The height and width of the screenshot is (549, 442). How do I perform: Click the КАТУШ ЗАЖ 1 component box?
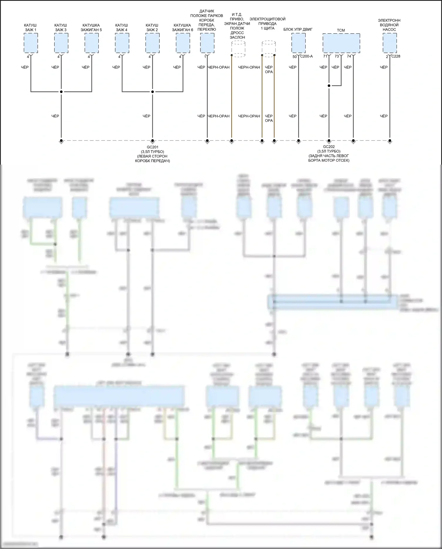pos(31,43)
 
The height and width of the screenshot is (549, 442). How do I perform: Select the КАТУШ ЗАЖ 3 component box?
pos(61,43)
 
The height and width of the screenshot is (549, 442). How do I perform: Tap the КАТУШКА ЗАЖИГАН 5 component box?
pos(92,43)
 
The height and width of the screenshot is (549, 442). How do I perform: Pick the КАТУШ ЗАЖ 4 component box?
pos(122,43)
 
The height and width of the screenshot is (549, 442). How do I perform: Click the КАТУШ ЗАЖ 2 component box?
pos(152,43)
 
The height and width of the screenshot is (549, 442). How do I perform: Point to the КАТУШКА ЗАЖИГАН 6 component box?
pos(183,43)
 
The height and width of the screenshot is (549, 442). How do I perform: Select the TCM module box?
pos(341,43)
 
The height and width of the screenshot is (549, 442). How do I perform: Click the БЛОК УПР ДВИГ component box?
pos(298,43)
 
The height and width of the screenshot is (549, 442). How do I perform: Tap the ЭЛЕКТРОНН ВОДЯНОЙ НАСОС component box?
pos(390,43)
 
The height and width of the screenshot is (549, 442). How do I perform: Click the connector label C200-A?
pos(306,56)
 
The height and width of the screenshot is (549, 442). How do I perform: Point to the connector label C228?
pos(396,56)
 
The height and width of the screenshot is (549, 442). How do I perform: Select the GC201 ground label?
pos(152,147)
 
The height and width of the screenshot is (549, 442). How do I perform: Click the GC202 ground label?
pos(329,147)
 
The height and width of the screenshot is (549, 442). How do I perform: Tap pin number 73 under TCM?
pos(337,56)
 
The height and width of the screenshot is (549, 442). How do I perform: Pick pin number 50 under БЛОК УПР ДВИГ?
pos(295,57)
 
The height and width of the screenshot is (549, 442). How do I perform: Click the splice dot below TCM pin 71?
pos(329,86)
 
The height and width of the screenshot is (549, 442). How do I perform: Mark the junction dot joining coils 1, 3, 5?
pos(61,92)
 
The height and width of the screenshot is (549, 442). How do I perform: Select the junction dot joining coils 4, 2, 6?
pos(152,92)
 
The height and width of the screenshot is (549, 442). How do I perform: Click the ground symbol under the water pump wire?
pos(390,141)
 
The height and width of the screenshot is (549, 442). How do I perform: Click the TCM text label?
pos(341,30)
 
